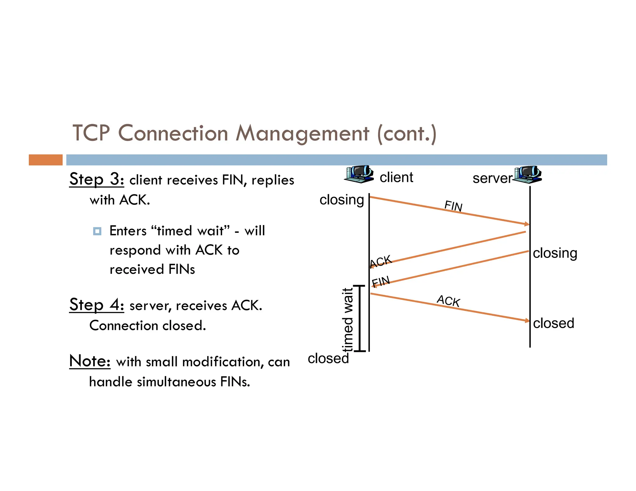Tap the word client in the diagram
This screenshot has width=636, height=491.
click(396, 178)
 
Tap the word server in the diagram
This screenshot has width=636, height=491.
click(492, 178)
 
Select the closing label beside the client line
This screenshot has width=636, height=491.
click(342, 200)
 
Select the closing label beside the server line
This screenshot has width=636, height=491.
click(555, 253)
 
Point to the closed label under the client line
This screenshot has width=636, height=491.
click(328, 358)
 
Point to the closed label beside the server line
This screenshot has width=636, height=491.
click(553, 323)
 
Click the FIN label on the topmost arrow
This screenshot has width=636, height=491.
click(453, 206)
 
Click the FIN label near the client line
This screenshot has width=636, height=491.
click(381, 282)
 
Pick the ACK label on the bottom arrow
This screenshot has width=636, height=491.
click(448, 301)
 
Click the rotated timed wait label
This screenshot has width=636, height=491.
click(348, 320)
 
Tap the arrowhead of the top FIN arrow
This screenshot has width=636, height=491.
click(527, 224)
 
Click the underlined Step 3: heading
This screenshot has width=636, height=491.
click(97, 179)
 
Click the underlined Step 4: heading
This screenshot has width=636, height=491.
click(97, 304)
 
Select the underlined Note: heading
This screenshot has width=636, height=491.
click(90, 361)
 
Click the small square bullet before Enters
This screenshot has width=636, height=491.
click(97, 231)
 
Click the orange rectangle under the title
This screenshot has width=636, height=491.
click(46, 160)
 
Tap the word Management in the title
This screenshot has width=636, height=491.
click(302, 133)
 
